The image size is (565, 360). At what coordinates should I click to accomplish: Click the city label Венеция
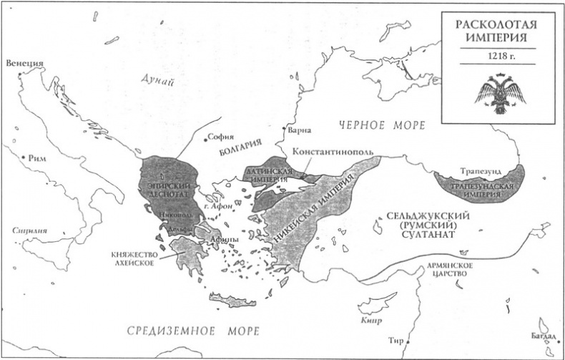24,63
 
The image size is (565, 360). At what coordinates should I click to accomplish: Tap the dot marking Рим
24,157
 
